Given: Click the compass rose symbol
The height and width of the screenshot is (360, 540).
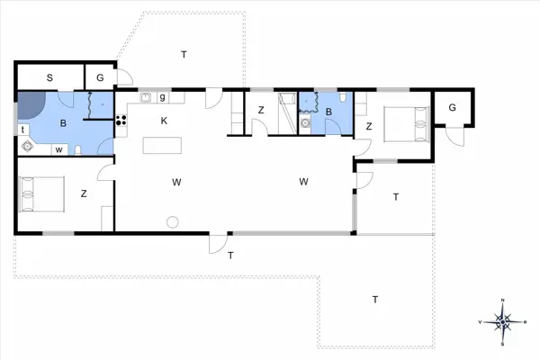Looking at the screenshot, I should tap(504, 320).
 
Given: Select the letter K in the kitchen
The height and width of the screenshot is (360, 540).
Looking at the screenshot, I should tap(164, 121).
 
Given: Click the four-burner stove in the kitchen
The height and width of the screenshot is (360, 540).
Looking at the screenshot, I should tap(121, 121).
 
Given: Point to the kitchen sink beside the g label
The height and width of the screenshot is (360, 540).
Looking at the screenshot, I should tap(145, 96).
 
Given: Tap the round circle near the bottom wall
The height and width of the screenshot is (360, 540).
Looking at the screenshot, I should tap(172, 221).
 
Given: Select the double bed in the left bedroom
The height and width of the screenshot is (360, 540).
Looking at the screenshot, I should tap(41, 193).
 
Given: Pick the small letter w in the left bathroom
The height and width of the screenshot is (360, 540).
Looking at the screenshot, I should tap(59, 149).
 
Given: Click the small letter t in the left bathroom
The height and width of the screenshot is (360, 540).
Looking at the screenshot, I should tap(22, 130).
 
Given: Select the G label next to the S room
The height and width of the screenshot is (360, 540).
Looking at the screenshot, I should tap(100, 79).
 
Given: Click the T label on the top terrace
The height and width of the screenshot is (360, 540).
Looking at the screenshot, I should tap(184, 55).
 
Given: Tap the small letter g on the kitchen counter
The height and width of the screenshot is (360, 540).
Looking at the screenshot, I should tap(162, 96).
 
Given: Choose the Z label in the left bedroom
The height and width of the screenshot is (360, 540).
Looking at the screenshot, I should tap(83, 193).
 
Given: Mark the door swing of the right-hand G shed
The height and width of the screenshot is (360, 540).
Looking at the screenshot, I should tap(457, 136).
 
